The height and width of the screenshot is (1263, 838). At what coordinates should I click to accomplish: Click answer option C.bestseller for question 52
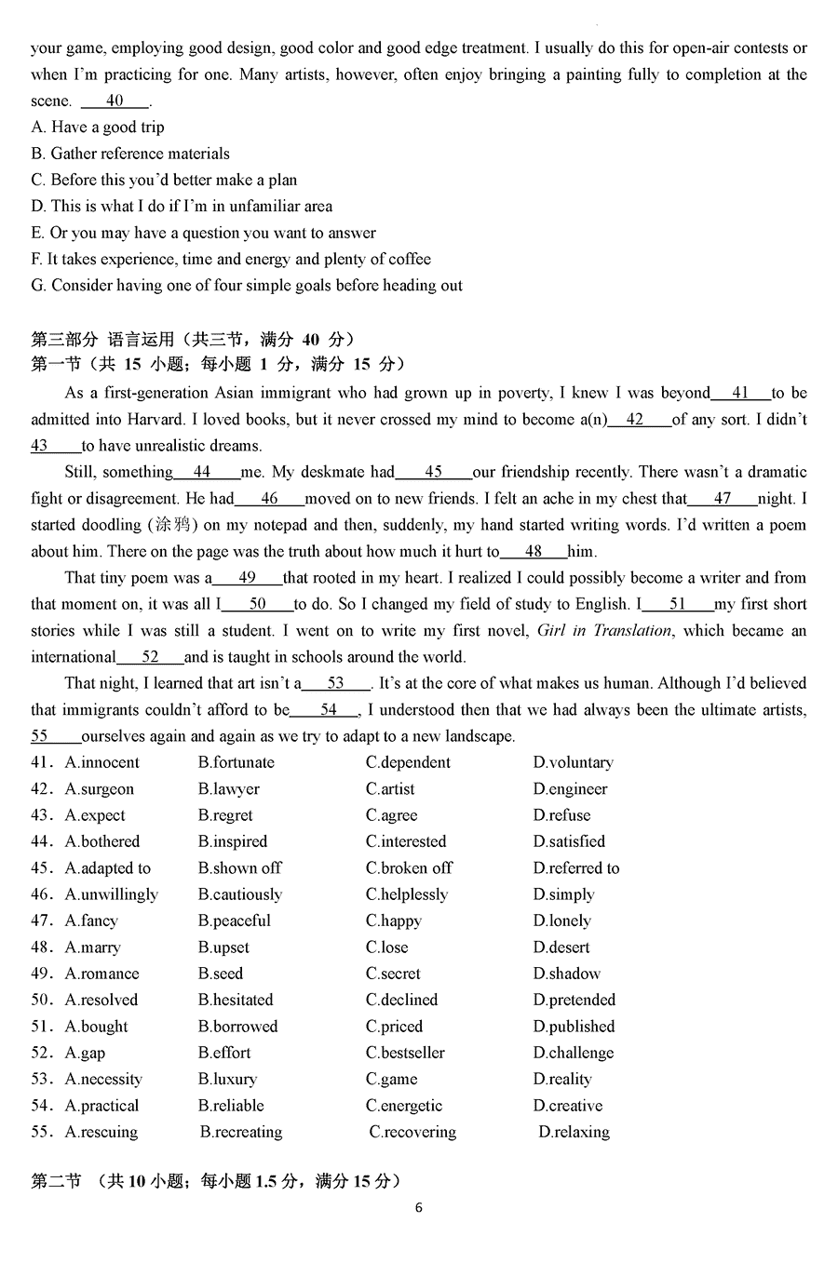(405, 1053)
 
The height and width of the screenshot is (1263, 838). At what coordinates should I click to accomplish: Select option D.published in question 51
(574, 1027)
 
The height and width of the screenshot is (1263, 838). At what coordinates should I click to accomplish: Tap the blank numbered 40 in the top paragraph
(115, 101)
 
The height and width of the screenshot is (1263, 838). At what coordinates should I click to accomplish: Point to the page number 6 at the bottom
(419, 1208)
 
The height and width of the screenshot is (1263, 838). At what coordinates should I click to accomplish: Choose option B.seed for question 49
(221, 974)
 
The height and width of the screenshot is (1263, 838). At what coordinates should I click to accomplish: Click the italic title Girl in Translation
(604, 630)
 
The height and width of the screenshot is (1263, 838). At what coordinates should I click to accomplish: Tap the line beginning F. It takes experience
(231, 259)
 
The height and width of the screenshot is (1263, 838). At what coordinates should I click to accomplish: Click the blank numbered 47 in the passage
(723, 498)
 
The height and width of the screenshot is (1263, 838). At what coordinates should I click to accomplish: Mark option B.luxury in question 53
(227, 1079)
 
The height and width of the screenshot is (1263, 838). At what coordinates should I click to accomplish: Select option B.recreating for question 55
(241, 1132)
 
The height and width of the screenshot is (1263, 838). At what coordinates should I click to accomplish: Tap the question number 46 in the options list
(41, 894)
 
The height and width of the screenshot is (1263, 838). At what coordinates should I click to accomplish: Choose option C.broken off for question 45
(409, 867)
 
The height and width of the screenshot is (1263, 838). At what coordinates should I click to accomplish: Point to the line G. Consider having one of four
(247, 285)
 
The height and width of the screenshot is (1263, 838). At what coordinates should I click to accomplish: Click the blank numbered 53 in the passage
(336, 683)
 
